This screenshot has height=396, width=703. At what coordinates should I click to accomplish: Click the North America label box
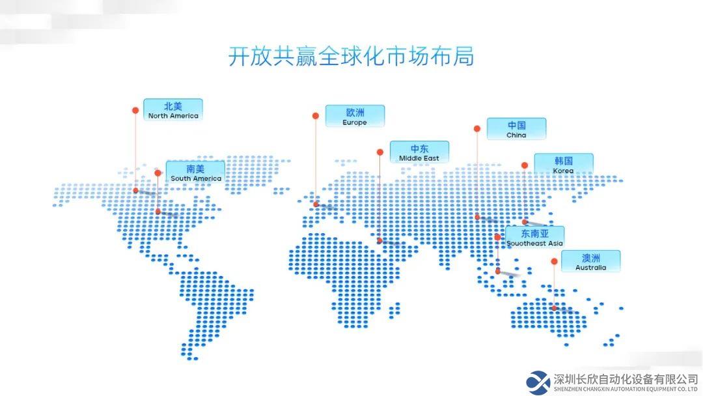point(173,110)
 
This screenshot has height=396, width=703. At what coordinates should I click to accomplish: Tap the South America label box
point(195,172)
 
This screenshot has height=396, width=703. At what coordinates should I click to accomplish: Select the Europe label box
point(355,116)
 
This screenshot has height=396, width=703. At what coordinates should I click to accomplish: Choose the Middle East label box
point(419,152)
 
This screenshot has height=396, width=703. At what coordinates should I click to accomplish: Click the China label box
point(516,129)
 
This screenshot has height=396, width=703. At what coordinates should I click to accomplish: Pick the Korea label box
point(564,165)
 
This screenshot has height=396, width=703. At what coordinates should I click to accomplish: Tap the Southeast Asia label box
point(535,237)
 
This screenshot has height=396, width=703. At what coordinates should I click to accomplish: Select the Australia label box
point(591,261)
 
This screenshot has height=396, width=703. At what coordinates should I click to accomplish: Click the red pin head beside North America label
point(135,110)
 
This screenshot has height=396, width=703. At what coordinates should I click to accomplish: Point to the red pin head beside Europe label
point(316,116)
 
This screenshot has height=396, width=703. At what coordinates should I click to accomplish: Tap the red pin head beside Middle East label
point(380,152)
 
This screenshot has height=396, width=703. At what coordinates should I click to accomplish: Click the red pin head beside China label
point(477,129)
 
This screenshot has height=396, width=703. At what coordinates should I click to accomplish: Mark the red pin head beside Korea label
point(525,165)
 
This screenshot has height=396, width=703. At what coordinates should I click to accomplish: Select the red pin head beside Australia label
point(554,261)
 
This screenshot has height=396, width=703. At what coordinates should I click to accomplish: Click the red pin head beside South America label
point(158,173)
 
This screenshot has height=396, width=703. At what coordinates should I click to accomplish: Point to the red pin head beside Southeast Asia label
point(498,237)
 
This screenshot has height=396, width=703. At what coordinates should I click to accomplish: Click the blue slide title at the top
point(351,57)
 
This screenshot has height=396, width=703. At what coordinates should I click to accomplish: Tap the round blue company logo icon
point(538,382)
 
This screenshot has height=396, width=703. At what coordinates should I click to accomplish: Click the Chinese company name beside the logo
point(626,379)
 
